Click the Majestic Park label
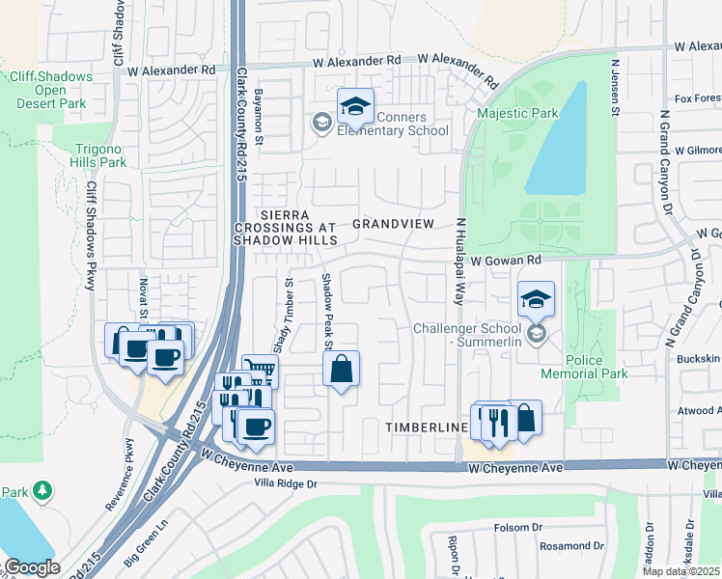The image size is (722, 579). (517, 114)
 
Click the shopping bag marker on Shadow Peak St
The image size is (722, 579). (341, 369)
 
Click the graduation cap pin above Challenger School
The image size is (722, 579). (536, 299)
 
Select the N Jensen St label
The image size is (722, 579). (615, 86)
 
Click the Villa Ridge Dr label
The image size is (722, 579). (285, 482)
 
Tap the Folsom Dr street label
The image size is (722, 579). (517, 528)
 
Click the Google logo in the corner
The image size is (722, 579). (32, 567)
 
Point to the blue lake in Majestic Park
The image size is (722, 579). (559, 140)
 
